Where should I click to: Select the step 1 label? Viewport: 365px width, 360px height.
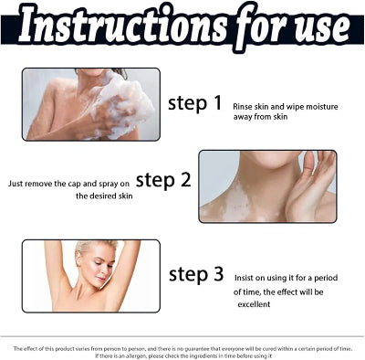195,103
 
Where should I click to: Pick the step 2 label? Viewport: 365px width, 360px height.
163,180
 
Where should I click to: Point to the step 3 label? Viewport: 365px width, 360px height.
196,274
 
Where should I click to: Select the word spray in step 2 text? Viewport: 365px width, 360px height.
109,184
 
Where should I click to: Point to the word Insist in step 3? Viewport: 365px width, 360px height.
243,278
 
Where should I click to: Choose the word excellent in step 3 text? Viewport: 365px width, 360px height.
254,304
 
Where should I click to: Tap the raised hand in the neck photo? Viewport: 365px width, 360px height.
308,185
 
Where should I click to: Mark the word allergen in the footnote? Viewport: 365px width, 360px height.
127,355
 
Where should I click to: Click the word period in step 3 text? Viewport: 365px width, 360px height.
326,278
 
